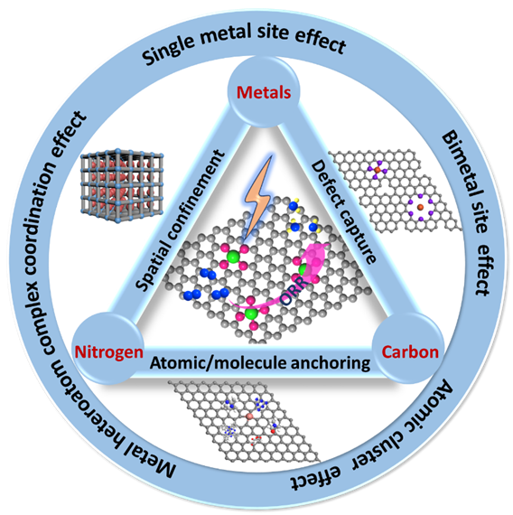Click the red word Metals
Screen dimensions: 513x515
pos(264,93)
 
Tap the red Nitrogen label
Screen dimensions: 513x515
pos(109,353)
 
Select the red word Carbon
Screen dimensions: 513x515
pos(410,352)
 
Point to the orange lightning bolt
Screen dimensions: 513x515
pos(259,196)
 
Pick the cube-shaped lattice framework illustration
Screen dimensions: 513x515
pos(122,185)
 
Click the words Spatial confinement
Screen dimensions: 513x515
pos(181,220)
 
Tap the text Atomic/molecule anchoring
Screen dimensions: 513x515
pos(260,363)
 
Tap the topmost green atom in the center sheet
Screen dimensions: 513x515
pos(233,257)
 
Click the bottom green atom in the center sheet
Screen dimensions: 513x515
pos(252,314)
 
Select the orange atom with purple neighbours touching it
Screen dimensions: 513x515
pos(378,170)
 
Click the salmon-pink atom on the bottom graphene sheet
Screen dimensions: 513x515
pos(249,417)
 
